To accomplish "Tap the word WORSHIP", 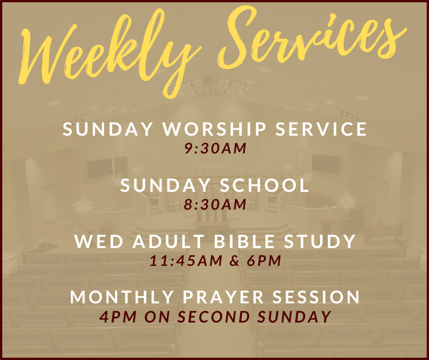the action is click(x=214, y=129).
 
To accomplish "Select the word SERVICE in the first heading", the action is click(x=321, y=129).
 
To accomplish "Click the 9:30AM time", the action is click(x=215, y=148).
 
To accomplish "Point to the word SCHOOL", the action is click(x=264, y=185).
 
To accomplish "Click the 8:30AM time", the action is click(x=215, y=204).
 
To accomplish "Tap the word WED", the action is click(x=99, y=241).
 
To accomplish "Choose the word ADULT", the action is click(x=168, y=241).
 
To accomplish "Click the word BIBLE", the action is click(x=244, y=241).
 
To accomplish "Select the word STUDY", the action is click(x=320, y=241).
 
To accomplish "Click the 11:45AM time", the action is click(x=186, y=260).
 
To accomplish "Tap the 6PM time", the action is click(x=264, y=260).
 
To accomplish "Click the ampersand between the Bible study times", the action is click(x=235, y=261).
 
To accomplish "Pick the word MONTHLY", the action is click(x=122, y=297).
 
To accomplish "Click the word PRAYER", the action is click(x=223, y=297).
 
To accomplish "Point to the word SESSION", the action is click(x=316, y=297).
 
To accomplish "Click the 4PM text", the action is click(x=118, y=317).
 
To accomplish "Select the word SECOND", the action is click(x=214, y=317).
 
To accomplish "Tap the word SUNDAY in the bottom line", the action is click(x=294, y=317).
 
